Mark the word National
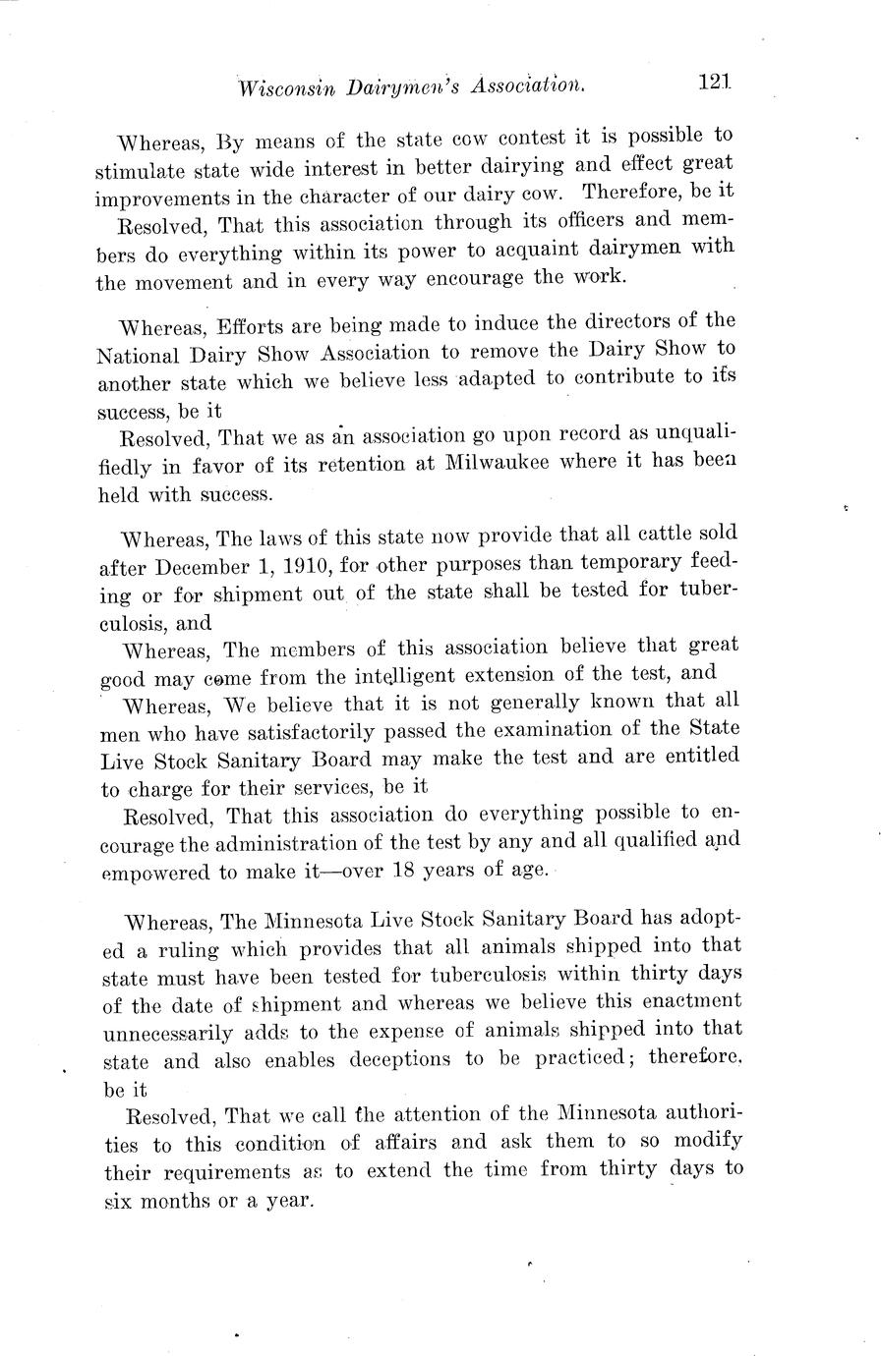pyautogui.click(x=137, y=354)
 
